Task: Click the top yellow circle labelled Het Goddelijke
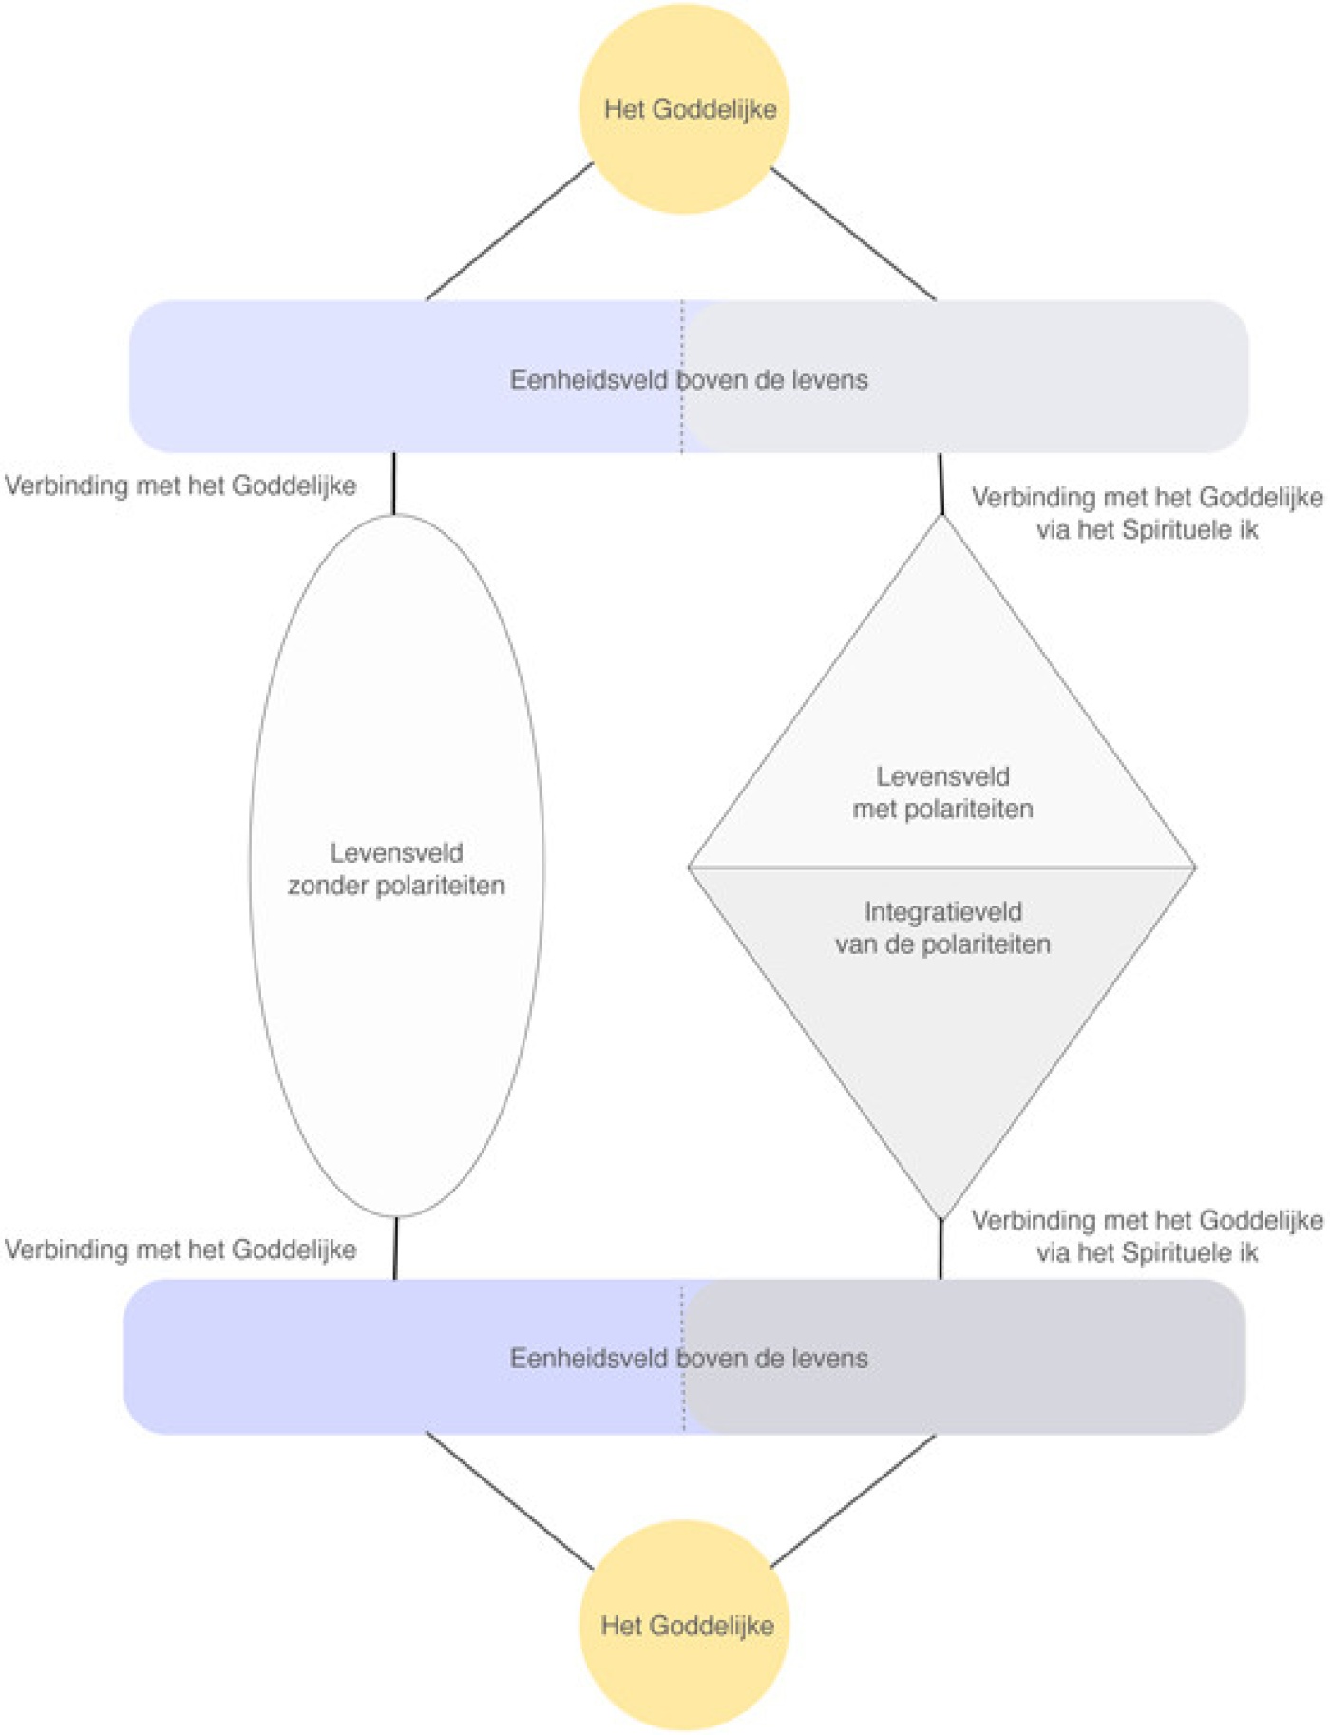684,108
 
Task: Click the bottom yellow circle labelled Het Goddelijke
684,1625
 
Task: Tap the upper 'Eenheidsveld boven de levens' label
689,380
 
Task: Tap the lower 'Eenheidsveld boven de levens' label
689,1359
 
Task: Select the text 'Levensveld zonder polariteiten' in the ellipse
396,868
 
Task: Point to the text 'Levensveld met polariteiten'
942,792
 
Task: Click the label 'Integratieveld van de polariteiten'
942,927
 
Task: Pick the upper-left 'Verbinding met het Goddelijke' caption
180,486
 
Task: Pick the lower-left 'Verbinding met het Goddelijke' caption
180,1249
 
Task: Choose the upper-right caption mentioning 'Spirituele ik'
1147,513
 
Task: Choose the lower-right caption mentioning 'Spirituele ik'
1147,1236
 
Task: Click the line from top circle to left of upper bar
509,231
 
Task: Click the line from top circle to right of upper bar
853,234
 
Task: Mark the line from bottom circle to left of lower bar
509,1499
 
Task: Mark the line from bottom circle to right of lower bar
853,1500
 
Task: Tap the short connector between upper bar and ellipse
394,484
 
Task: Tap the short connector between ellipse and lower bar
395,1248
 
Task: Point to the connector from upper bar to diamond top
941,484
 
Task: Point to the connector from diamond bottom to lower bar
940,1249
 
